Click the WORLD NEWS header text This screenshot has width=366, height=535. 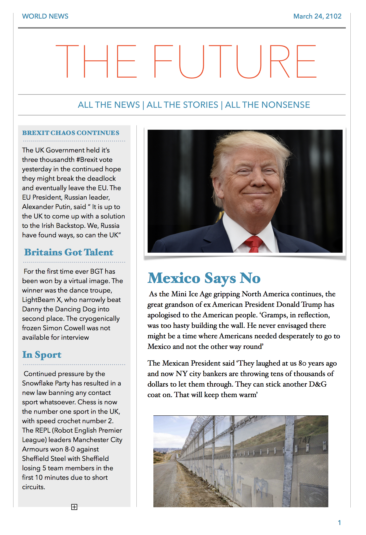tap(45, 16)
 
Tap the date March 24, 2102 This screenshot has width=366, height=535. tap(317, 16)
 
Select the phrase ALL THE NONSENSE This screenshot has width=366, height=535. tap(267, 105)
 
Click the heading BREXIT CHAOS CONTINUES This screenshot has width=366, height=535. tap(71, 133)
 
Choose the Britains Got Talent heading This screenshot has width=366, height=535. tap(69, 252)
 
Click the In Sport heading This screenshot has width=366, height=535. tap(42, 355)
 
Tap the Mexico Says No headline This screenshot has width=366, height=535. tap(204, 278)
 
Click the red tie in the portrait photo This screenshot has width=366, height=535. tap(254, 244)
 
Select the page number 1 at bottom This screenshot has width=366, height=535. tap(339, 523)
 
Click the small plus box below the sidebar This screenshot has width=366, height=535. tap(74, 507)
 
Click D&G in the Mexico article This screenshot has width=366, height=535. tap(318, 384)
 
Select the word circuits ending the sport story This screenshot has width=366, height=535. tap(33, 487)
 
